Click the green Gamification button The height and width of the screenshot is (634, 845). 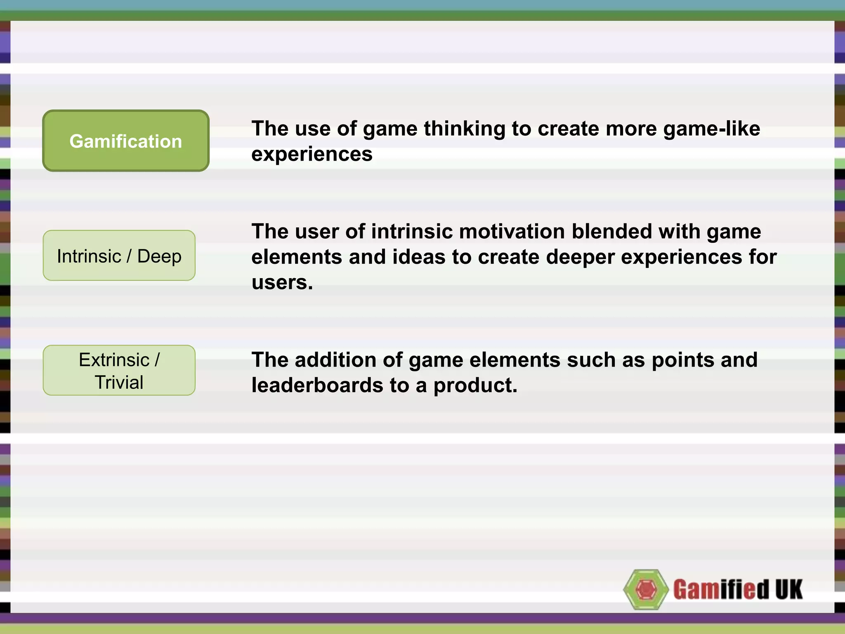(126, 141)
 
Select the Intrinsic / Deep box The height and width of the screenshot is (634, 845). (119, 255)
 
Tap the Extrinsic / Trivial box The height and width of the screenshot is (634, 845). (119, 370)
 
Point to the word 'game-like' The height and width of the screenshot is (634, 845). (711, 129)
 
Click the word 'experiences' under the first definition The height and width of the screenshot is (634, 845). (312, 154)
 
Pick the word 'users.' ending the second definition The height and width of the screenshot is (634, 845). (282, 283)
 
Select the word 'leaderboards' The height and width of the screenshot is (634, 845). (317, 386)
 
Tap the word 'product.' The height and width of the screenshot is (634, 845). (475, 386)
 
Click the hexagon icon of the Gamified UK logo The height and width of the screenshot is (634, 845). (646, 589)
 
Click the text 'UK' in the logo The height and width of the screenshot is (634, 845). (788, 589)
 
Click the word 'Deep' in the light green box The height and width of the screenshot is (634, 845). (159, 256)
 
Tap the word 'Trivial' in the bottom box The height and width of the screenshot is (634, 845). (119, 382)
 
